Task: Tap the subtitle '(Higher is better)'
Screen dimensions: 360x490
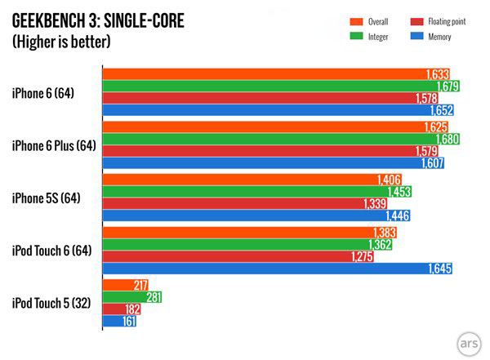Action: click(62, 42)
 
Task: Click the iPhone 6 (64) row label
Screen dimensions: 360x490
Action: click(43, 93)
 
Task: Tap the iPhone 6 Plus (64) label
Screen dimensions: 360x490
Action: click(54, 145)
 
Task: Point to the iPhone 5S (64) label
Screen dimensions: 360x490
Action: click(47, 198)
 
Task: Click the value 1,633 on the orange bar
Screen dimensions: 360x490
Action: click(437, 74)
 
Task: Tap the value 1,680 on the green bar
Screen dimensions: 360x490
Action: click(446, 140)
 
